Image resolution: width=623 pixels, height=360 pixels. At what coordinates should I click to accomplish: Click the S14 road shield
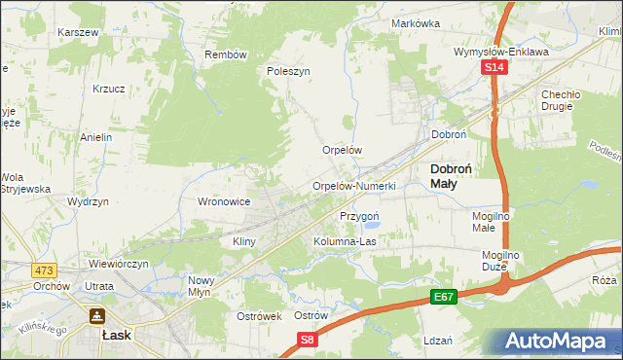(495, 67)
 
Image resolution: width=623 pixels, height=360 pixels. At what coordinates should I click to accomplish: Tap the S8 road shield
(308, 340)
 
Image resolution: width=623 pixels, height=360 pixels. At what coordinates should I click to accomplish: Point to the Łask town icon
(97, 316)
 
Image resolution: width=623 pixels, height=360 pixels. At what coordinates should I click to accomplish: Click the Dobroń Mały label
(452, 175)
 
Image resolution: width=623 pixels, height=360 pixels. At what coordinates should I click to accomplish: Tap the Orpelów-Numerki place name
(353, 186)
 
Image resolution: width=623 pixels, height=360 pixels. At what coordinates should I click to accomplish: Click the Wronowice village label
(225, 201)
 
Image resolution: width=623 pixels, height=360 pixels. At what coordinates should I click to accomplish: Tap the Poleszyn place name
(288, 71)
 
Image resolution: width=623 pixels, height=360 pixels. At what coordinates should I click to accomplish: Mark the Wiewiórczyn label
(118, 264)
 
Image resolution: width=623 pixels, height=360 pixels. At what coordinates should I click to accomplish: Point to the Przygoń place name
(359, 216)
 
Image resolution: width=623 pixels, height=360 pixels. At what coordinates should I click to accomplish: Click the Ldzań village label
(438, 341)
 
